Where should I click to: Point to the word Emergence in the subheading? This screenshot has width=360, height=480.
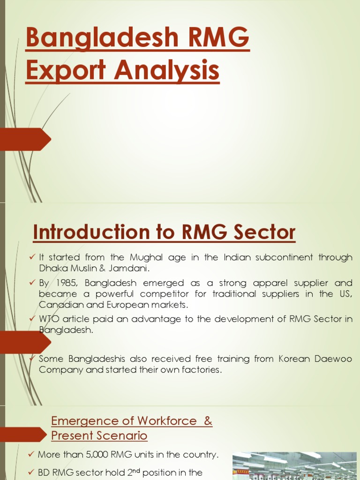[84, 421]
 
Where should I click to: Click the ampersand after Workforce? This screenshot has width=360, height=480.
[208, 421]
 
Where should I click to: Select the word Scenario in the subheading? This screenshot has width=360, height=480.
[123, 436]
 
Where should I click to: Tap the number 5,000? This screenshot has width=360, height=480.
[96, 455]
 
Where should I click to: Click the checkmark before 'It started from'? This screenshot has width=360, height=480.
[32, 257]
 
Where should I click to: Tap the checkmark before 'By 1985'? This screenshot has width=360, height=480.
[32, 283]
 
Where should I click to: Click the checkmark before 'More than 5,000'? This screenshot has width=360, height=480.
[31, 455]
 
